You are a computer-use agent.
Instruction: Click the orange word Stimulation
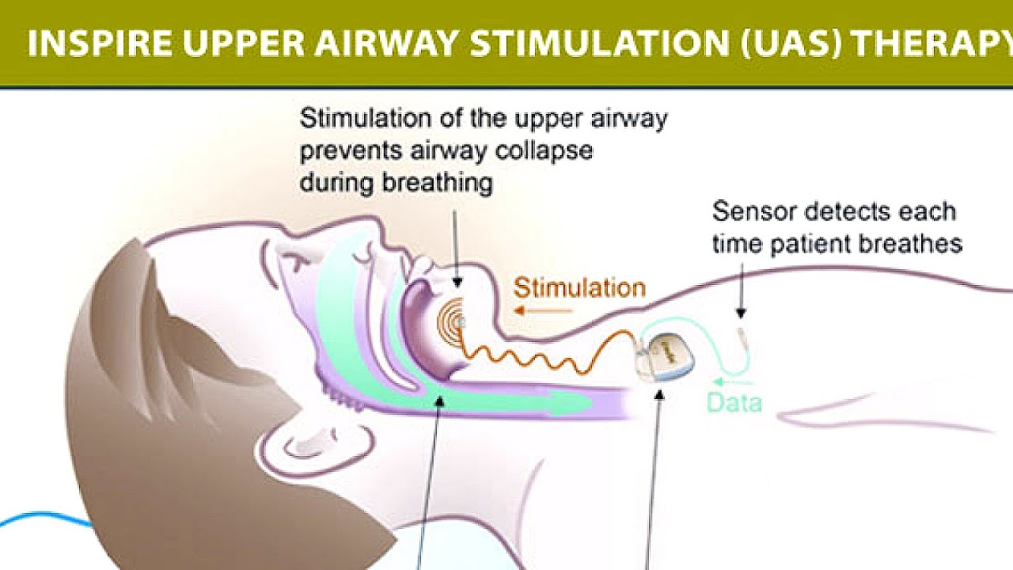(x=579, y=287)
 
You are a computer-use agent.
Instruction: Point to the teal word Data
(x=734, y=403)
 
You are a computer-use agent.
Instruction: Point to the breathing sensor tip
(x=742, y=325)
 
